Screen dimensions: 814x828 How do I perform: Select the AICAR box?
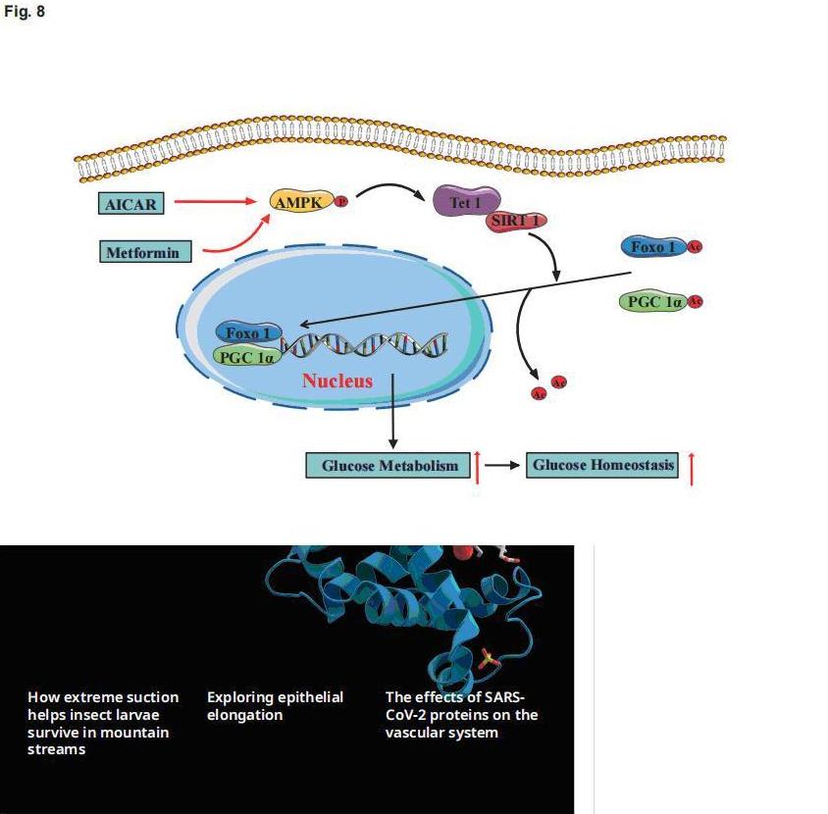coord(130,204)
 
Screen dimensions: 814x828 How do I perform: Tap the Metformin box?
coord(142,252)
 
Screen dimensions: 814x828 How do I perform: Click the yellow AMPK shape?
coord(298,201)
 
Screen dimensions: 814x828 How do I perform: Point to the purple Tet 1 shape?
coord(466,203)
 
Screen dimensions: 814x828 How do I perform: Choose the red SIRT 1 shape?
coord(515,221)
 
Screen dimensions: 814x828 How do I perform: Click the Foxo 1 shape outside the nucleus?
coord(653,246)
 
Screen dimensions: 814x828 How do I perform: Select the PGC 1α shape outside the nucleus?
coord(653,302)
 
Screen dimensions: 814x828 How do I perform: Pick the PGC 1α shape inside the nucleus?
coord(245,356)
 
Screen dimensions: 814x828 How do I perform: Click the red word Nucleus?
coord(336,381)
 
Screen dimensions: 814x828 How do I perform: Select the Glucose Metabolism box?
coord(389,466)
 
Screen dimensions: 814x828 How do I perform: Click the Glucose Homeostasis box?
coord(602,465)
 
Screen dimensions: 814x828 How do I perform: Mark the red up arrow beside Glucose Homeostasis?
coord(692,468)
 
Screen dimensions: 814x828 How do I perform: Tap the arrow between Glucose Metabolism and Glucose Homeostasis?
coord(502,466)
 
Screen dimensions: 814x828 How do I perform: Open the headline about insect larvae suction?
coord(103,723)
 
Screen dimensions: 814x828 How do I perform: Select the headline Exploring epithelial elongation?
coord(275,705)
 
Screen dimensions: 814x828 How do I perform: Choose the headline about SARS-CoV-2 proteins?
coord(461,714)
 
